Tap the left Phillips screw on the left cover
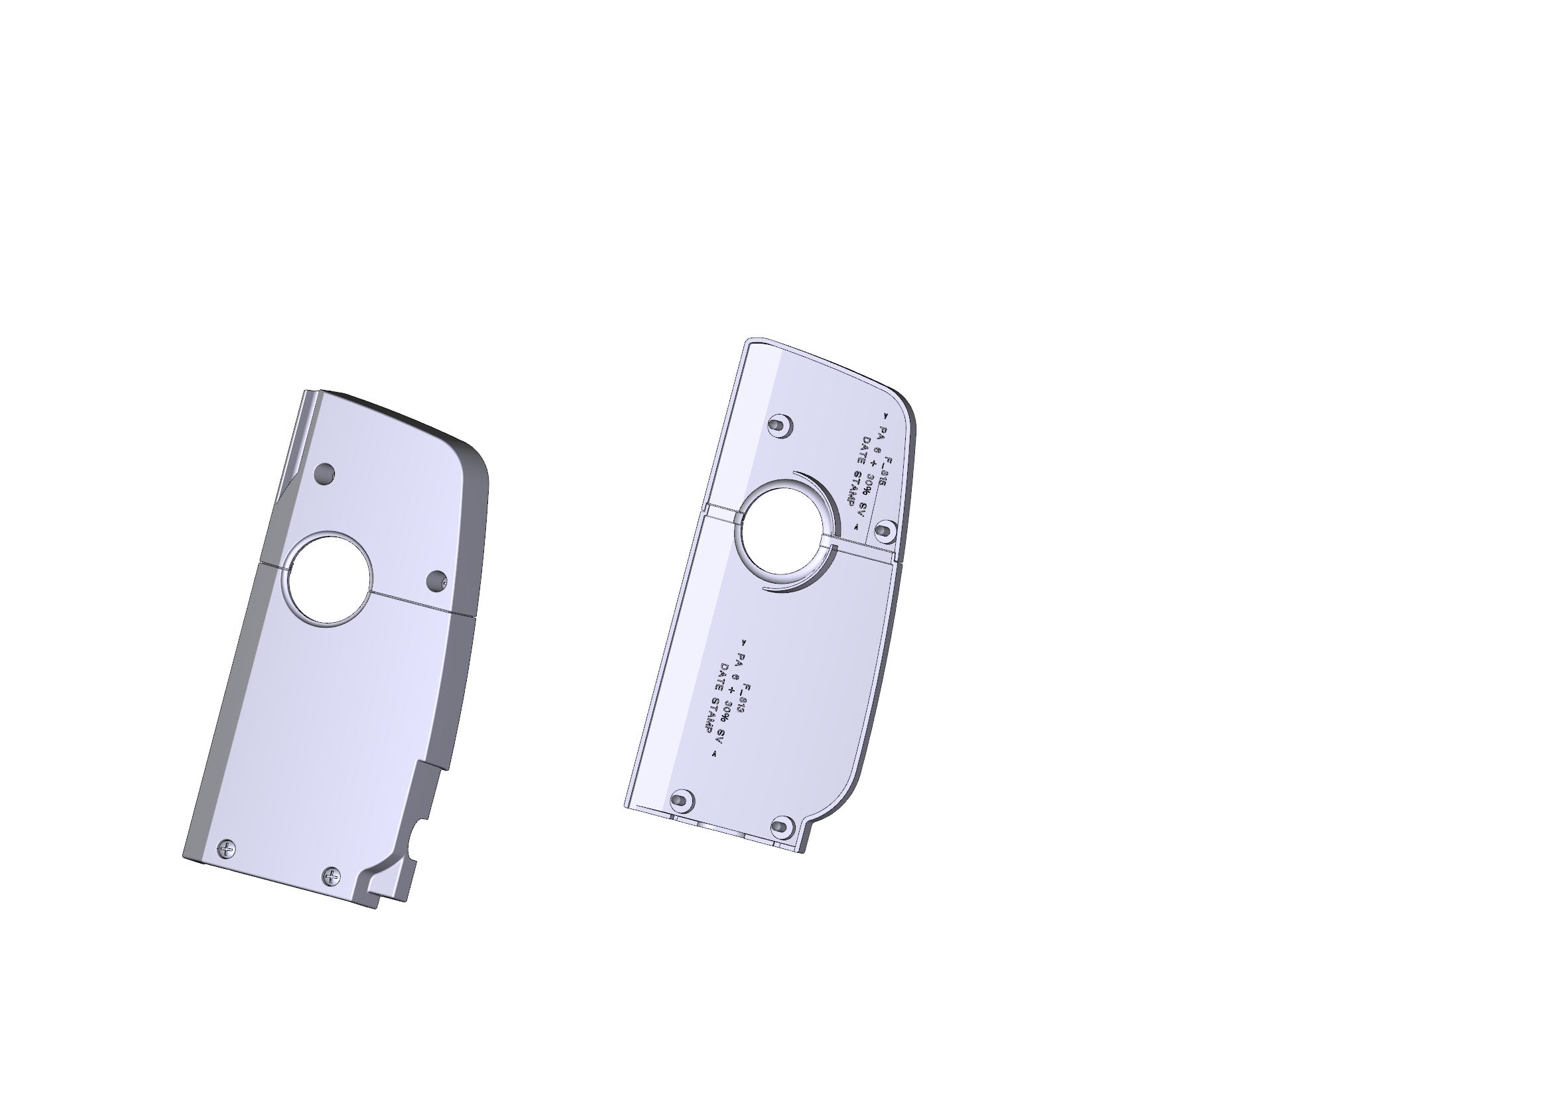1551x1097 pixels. coord(227,849)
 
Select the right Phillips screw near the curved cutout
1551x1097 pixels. coord(331,877)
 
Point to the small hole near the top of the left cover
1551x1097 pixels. coord(325,473)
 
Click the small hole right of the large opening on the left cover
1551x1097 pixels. coord(438,580)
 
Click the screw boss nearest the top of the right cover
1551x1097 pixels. coord(780,426)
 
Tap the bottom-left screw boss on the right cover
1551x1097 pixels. coord(681,801)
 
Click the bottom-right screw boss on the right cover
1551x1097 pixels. coord(782,826)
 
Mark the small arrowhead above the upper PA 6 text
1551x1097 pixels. coord(886,417)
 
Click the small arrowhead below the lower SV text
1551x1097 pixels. coord(714,755)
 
